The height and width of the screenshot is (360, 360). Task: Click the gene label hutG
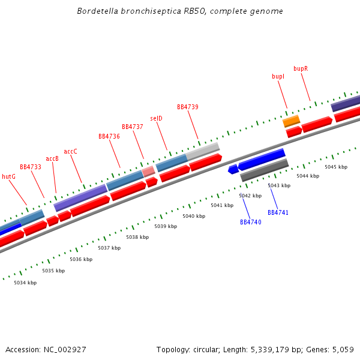(8, 176)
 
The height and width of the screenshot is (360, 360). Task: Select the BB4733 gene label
(30, 167)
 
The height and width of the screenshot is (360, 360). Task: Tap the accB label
(52, 158)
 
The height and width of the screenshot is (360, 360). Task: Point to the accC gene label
(70, 151)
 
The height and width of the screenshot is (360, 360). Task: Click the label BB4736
(109, 136)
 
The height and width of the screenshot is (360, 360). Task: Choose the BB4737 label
(133, 127)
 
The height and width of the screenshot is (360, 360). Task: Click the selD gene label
(156, 118)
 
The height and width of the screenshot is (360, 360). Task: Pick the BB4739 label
(188, 107)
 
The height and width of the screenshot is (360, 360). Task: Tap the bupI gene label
(278, 76)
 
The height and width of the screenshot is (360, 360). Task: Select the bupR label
(301, 68)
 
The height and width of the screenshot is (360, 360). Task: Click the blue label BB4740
(251, 222)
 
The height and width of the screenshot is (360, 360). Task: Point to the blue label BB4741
(278, 212)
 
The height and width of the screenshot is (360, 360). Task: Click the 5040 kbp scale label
(194, 216)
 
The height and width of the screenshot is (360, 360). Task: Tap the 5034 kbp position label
(25, 283)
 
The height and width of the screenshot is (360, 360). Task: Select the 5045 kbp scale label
(336, 167)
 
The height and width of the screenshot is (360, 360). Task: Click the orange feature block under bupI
(292, 121)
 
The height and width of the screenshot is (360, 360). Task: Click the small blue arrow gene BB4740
(233, 170)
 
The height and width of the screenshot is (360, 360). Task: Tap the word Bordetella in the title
(98, 11)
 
